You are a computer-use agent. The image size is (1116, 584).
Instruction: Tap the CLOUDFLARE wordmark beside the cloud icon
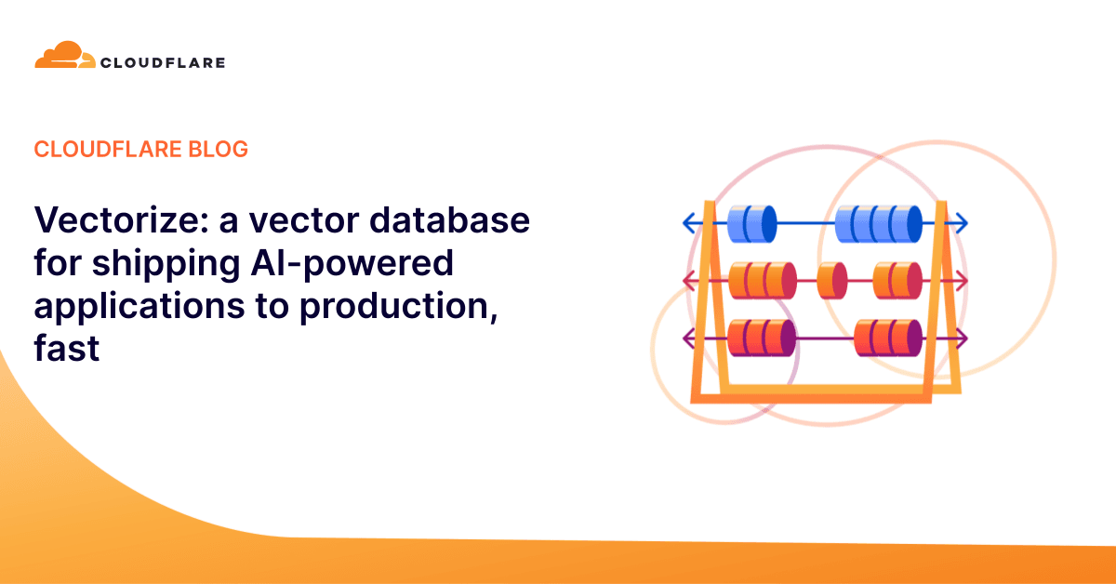click(x=162, y=62)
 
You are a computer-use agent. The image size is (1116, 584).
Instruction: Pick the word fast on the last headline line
click(x=67, y=351)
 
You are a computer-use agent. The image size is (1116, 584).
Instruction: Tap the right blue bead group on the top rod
click(x=878, y=223)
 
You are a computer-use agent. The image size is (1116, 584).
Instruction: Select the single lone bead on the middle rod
click(x=832, y=280)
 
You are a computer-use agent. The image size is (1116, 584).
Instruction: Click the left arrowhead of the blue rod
click(x=689, y=223)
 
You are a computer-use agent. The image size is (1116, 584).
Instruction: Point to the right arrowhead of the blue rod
click(x=961, y=223)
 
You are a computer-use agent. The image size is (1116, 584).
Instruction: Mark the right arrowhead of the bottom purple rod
click(x=961, y=337)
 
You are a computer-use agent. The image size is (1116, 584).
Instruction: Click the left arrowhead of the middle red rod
click(x=689, y=280)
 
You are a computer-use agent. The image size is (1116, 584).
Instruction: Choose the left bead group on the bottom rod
click(x=762, y=337)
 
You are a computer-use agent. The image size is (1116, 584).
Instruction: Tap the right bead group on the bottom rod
click(x=887, y=337)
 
